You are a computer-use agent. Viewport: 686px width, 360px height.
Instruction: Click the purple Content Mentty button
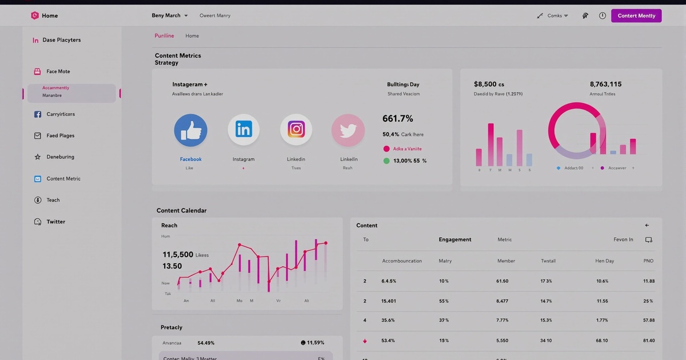tap(636, 15)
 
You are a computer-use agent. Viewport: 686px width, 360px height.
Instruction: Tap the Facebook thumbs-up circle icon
tap(190, 130)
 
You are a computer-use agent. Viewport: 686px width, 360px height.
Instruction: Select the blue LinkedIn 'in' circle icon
tap(244, 130)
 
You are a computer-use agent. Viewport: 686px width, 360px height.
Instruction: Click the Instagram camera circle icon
tap(296, 130)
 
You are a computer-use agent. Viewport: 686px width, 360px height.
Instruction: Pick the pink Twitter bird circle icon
tap(348, 130)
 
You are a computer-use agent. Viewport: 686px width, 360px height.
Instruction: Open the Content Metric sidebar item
tap(63, 179)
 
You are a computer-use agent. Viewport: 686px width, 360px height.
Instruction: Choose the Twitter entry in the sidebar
tap(55, 222)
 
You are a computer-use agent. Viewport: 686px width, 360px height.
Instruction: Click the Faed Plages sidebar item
tap(60, 136)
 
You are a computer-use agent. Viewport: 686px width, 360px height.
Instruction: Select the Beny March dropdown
tap(169, 15)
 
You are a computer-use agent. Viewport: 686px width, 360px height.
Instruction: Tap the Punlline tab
tap(164, 36)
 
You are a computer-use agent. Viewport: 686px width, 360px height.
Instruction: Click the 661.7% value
tap(398, 119)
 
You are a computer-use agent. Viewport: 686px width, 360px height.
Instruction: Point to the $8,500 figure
tap(489, 85)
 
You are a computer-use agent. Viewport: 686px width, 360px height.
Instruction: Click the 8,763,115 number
tap(605, 84)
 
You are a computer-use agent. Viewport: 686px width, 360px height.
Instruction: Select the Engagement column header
tap(454, 240)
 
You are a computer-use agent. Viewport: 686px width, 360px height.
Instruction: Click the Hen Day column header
tap(604, 261)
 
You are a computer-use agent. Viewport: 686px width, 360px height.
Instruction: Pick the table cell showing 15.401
tap(389, 301)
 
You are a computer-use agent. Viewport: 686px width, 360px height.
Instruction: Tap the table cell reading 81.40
tap(648, 341)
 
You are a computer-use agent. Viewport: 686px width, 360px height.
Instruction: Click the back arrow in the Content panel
tap(647, 226)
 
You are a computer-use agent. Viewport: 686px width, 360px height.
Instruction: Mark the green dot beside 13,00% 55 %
tap(387, 161)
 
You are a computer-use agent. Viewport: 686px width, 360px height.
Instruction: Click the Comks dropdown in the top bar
tap(553, 16)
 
